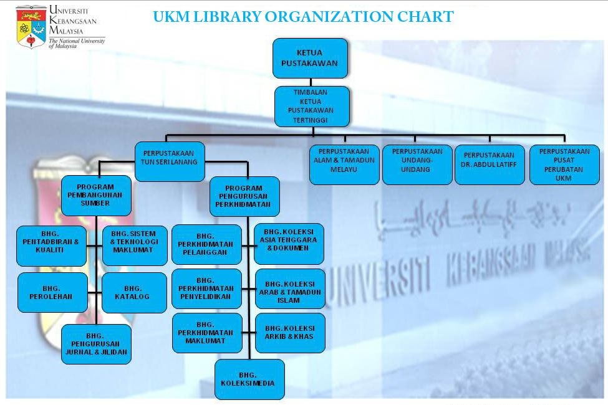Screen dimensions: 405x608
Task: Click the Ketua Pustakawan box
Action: coord(310,58)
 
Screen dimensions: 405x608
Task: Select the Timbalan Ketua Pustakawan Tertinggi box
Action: coord(312,105)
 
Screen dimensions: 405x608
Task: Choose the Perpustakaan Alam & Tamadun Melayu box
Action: coord(344,164)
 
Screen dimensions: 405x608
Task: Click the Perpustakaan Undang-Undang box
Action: coord(417,164)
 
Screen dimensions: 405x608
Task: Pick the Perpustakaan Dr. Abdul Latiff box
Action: coord(490,164)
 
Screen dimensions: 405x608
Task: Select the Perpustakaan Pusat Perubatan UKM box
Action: coord(564,164)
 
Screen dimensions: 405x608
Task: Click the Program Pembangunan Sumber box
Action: coord(96,195)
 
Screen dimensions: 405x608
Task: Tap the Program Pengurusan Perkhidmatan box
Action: coord(244,196)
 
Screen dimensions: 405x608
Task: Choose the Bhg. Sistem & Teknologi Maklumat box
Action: coord(134,245)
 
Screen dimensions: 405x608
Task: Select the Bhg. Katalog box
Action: coord(134,292)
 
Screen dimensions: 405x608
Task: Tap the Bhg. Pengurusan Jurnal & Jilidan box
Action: coord(96,343)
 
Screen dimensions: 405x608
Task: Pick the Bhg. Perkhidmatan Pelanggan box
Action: coord(206,244)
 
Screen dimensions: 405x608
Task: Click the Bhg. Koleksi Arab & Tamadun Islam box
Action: coord(290,288)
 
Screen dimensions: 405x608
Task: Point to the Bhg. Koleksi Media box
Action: coord(249,379)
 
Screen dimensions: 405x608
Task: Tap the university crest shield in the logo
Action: coord(31,26)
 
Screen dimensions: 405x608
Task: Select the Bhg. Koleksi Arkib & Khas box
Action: coord(290,333)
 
